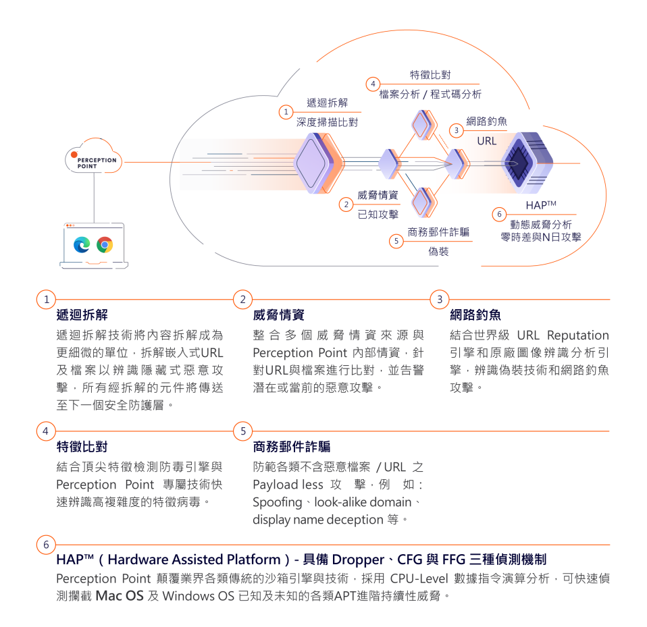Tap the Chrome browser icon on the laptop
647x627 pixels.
(x=105, y=244)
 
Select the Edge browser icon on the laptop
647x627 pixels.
(x=82, y=244)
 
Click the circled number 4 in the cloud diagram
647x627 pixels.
(x=373, y=84)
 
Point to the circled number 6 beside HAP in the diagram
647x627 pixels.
(x=499, y=214)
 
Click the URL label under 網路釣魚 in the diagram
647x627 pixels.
(x=486, y=141)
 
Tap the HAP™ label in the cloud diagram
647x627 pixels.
(x=541, y=205)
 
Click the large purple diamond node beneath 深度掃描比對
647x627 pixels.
(x=317, y=163)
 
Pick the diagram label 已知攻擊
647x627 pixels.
(x=378, y=215)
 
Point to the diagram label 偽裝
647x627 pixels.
(x=438, y=252)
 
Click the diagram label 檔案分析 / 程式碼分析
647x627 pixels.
(x=430, y=94)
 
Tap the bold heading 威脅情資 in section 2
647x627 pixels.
(x=278, y=315)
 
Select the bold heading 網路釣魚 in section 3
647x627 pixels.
(x=475, y=315)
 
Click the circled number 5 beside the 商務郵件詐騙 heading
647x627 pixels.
(x=243, y=431)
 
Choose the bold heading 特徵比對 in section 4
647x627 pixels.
(x=82, y=446)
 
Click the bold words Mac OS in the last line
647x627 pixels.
(x=120, y=596)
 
